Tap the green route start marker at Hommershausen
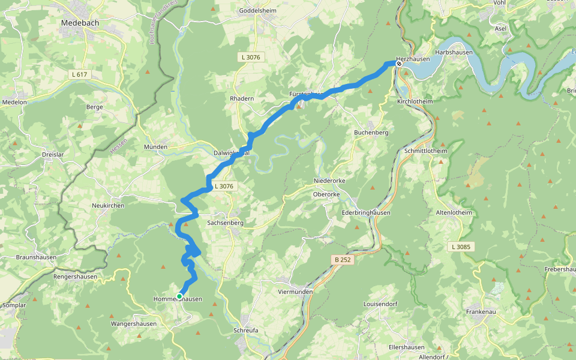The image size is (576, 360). (x=179, y=296)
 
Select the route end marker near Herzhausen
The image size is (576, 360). (x=398, y=63)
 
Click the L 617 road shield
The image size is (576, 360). (x=79, y=74)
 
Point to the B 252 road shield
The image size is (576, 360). (x=343, y=260)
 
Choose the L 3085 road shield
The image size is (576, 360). (x=460, y=247)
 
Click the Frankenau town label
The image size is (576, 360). (x=483, y=312)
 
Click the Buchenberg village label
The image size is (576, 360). (x=371, y=132)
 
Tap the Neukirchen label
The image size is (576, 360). (x=108, y=205)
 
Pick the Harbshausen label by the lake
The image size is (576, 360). (x=454, y=52)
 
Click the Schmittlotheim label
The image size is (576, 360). (x=426, y=150)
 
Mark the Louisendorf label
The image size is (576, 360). (x=380, y=304)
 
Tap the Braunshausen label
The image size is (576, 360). (x=37, y=257)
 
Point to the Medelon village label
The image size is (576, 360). (x=15, y=102)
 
